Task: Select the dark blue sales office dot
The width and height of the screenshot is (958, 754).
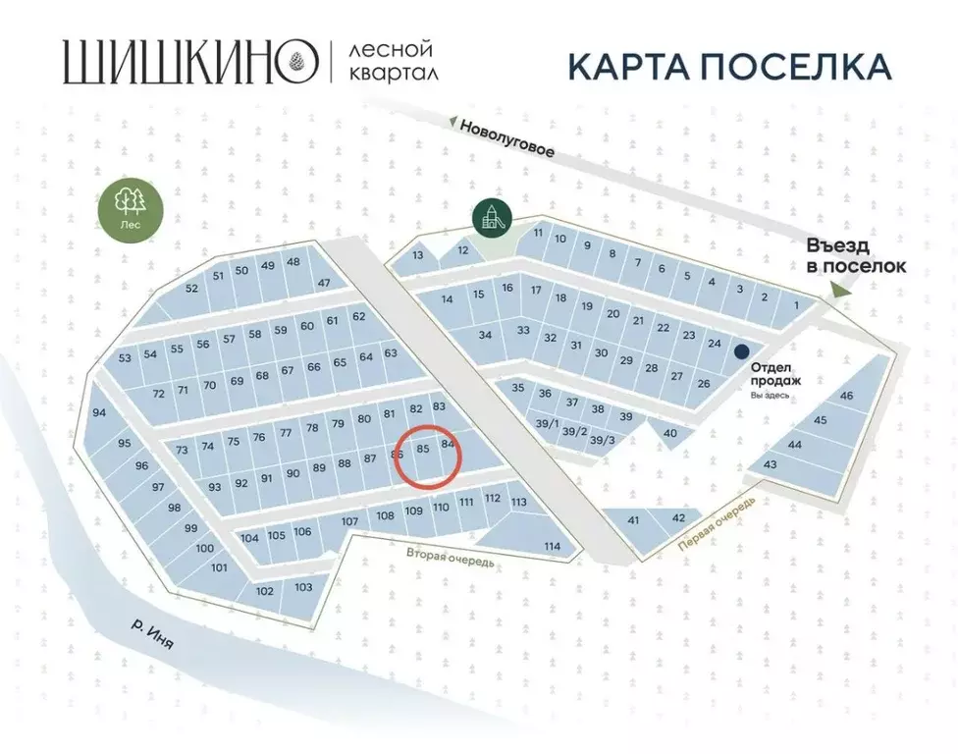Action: click(743, 350)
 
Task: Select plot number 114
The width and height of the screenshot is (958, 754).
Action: click(552, 546)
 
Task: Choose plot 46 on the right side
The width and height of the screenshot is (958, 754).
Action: click(846, 395)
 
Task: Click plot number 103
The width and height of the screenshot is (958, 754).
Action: click(303, 587)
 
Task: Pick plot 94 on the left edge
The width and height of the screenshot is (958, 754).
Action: click(99, 413)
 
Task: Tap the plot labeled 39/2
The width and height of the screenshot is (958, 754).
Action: click(575, 433)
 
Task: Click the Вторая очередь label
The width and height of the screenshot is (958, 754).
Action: click(451, 557)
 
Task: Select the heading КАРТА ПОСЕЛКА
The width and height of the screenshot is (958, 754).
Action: click(729, 66)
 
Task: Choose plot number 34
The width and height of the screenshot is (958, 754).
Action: click(484, 335)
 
